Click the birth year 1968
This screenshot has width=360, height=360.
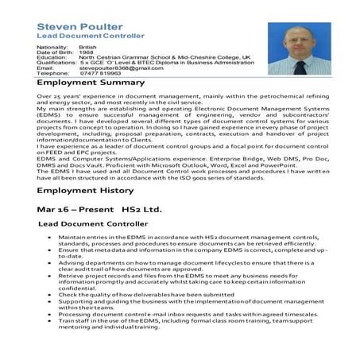click(86, 53)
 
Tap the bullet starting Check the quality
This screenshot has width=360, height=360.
click(143, 316)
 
